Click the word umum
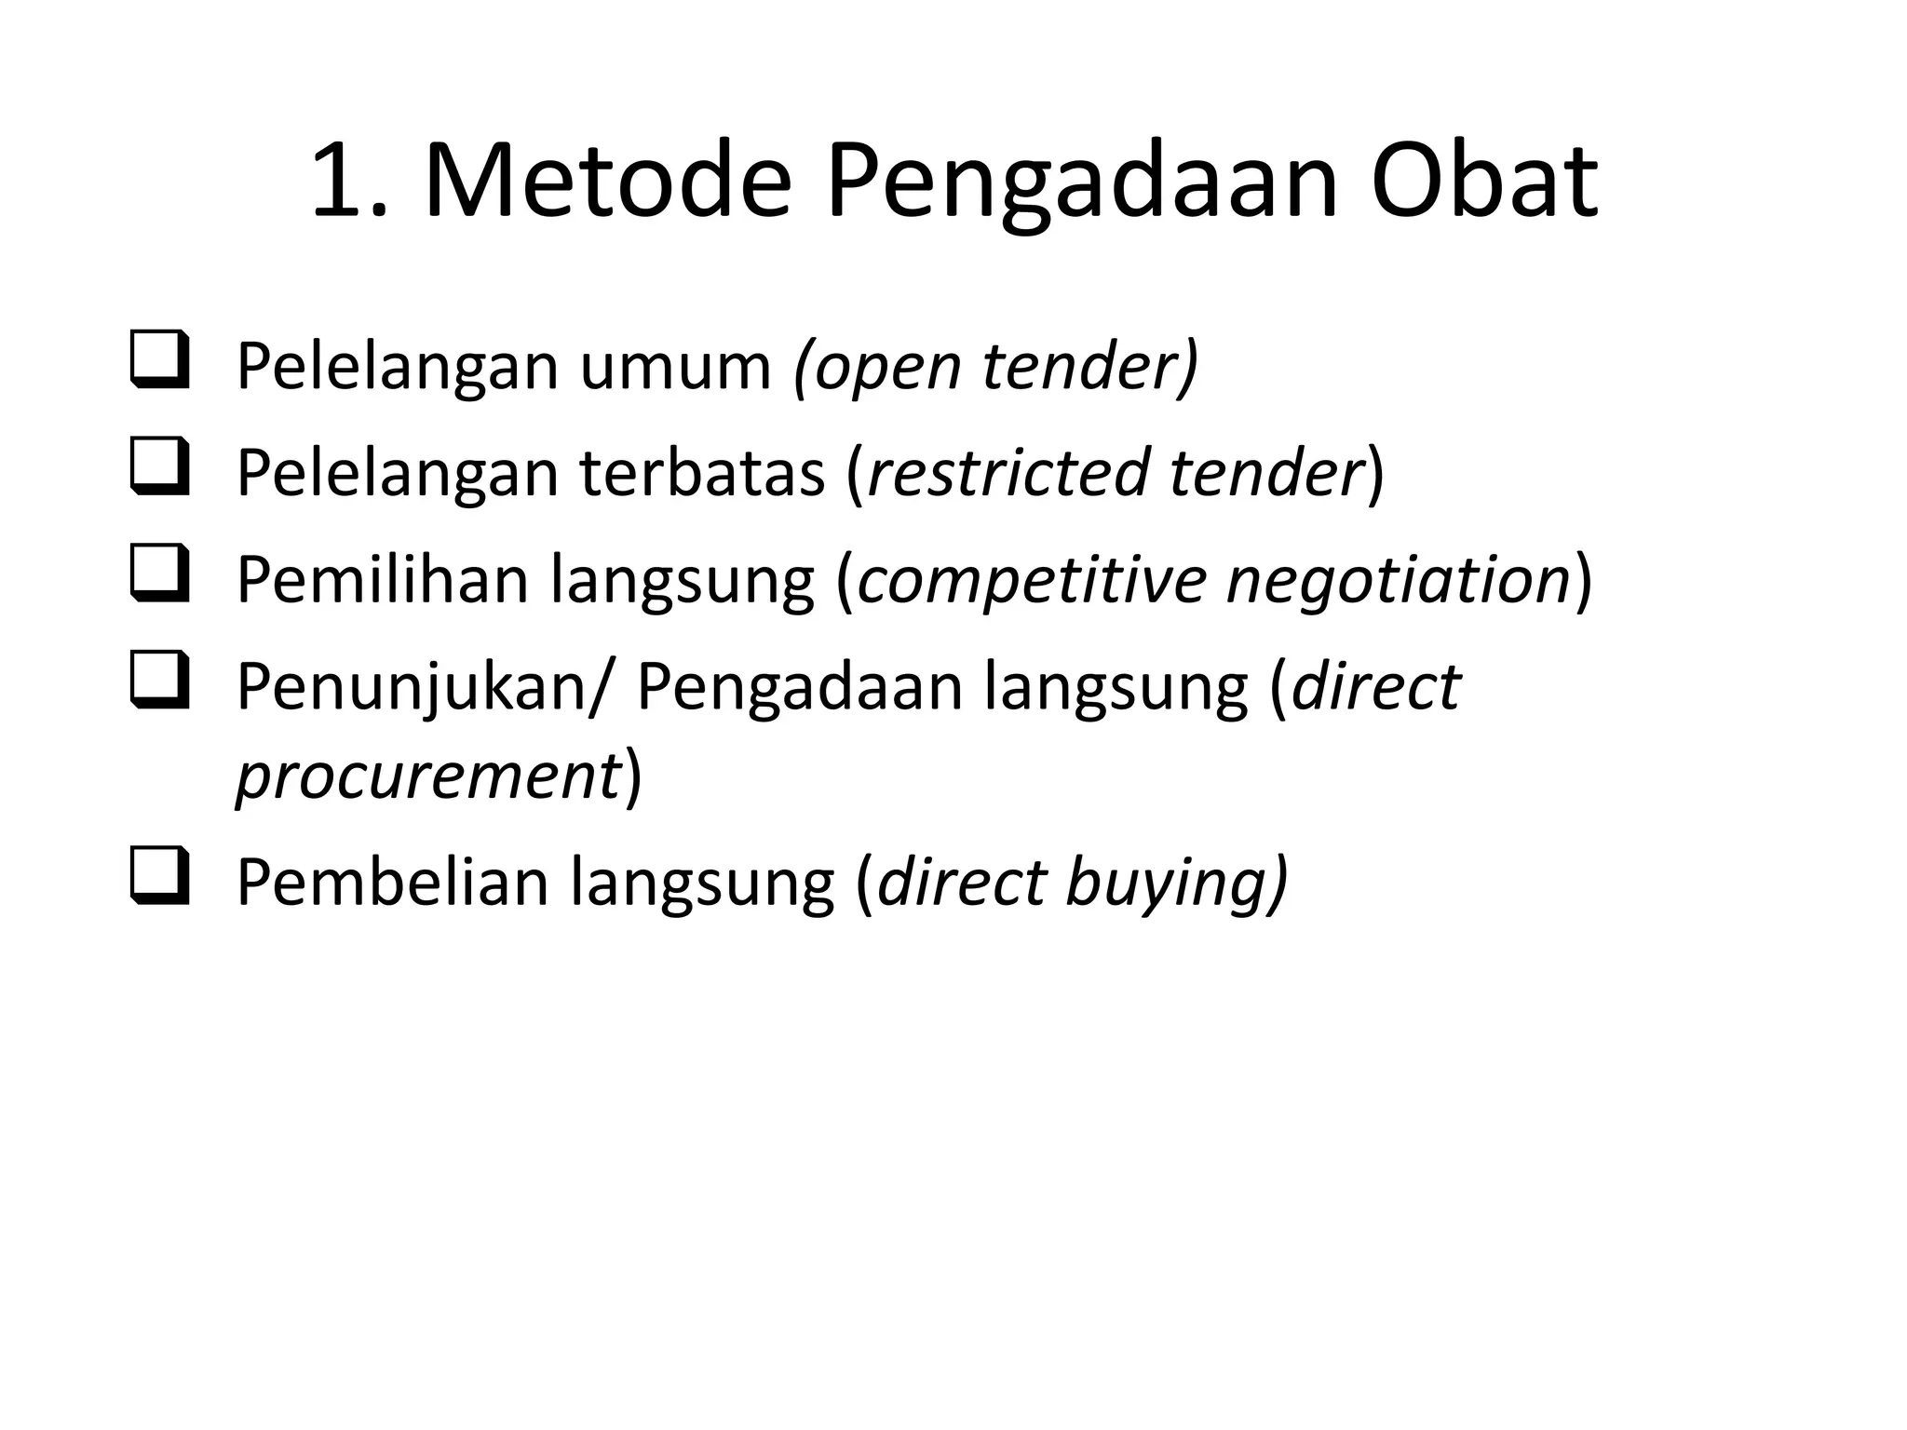pyautogui.click(x=676, y=366)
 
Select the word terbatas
pyautogui.click(x=703, y=472)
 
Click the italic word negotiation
pyautogui.click(x=1400, y=579)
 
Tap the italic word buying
pyautogui.click(x=1171, y=882)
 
